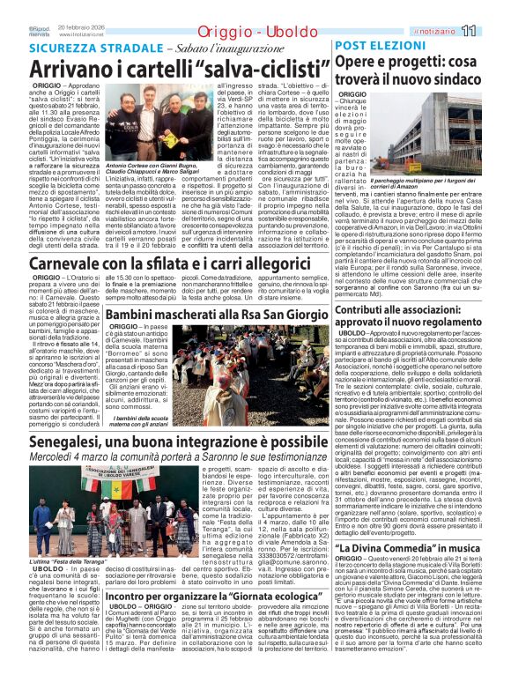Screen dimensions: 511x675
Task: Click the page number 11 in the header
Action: click(x=493, y=8)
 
